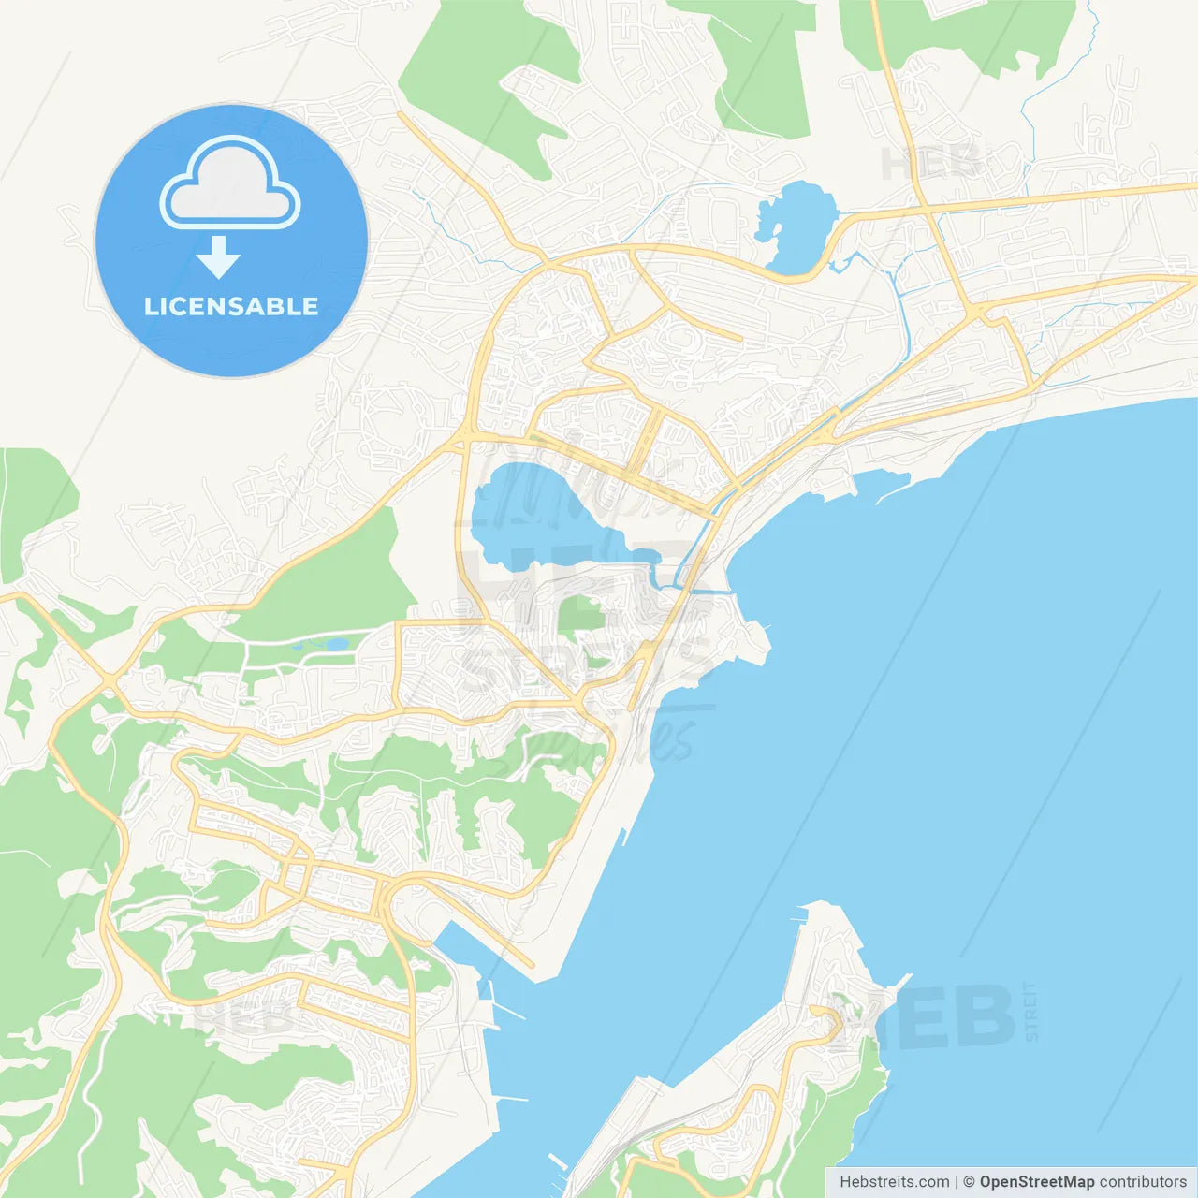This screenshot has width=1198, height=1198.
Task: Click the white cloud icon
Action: (230, 183)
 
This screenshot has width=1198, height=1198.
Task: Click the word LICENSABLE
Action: (231, 306)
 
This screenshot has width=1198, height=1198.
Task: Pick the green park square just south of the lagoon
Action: (580, 615)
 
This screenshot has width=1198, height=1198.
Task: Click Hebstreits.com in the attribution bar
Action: (894, 1182)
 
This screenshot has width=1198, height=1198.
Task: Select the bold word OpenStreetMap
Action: (1036, 1182)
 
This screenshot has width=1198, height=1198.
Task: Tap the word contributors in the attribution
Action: (1142, 1182)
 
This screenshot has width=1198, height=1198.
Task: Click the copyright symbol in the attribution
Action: (969, 1182)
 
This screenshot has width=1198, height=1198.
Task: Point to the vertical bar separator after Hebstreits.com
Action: (956, 1182)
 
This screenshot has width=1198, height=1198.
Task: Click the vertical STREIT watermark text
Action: (1030, 1012)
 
